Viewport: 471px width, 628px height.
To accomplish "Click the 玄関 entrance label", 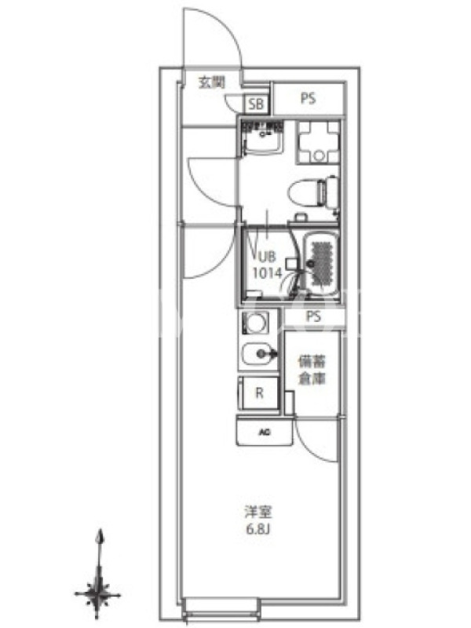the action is click(212, 82).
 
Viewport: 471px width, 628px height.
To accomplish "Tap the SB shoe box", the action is click(257, 104).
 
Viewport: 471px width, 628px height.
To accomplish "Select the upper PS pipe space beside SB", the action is click(308, 99).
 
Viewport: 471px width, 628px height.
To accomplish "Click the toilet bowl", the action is click(313, 192).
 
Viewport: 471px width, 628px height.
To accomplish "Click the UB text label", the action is click(267, 256).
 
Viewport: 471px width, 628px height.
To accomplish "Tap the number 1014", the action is click(267, 273).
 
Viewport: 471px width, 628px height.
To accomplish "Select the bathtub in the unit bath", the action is click(321, 264).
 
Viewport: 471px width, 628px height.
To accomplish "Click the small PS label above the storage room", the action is click(313, 317).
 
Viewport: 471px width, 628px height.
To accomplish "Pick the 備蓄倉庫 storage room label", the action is click(312, 370).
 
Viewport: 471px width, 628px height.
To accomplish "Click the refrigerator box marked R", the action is click(259, 393).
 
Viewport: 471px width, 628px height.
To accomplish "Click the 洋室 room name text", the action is click(259, 513).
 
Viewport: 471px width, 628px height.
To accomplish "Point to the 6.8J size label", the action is click(259, 529).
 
